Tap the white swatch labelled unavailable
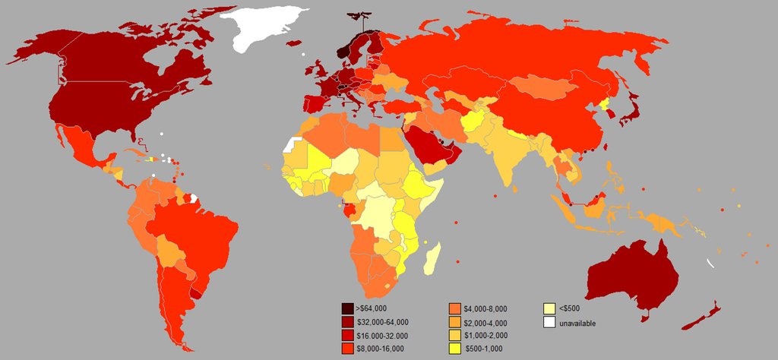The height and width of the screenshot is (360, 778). (x=549, y=322)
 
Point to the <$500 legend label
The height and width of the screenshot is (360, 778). (x=569, y=308)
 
